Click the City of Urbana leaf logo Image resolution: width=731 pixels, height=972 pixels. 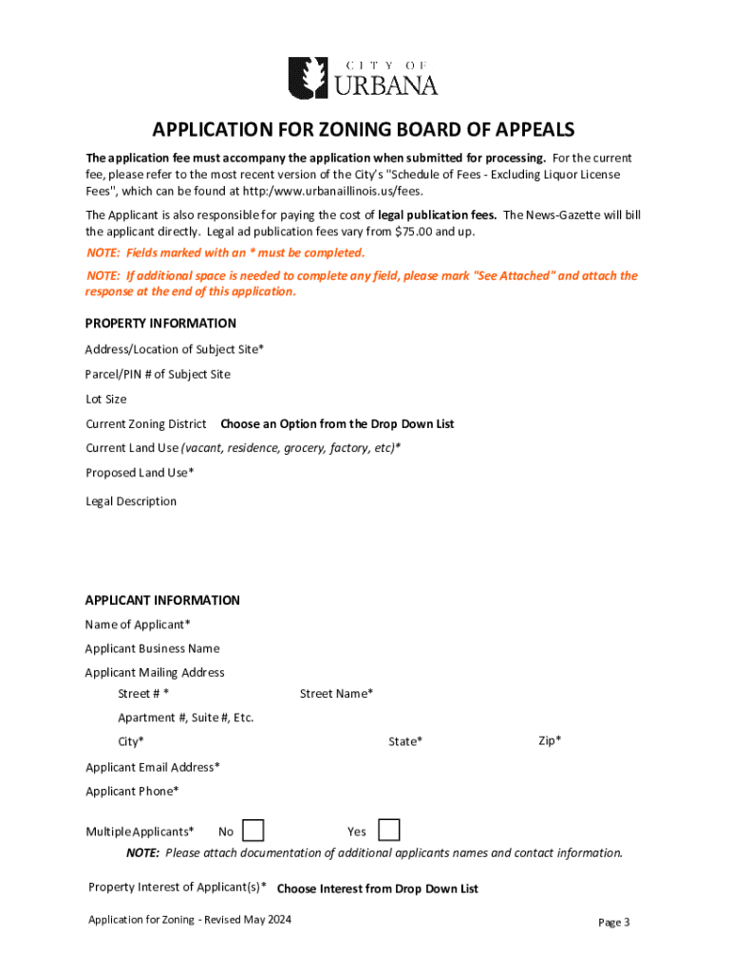307,77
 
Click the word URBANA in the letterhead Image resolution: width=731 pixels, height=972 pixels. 384,85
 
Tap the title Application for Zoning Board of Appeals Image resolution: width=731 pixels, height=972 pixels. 365,130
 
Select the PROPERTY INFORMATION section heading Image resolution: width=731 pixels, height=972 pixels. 160,323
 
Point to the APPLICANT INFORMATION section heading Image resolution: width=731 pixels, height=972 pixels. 162,600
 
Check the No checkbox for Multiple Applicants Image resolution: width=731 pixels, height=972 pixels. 253,831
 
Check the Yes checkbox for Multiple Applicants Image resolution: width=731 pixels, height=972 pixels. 388,831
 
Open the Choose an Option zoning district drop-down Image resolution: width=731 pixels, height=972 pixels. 337,423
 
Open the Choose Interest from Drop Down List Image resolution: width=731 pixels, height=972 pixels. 377,889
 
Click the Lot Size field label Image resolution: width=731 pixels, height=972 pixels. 106,399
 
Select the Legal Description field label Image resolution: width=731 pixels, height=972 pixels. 131,501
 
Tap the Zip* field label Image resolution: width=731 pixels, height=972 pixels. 550,740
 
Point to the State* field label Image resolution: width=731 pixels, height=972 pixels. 405,741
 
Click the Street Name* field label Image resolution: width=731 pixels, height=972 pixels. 336,694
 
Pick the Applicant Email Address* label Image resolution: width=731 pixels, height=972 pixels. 153,767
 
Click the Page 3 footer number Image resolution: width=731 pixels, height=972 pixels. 613,922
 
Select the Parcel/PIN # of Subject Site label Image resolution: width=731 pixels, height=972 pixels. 158,374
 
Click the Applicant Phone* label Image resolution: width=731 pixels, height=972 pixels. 132,791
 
